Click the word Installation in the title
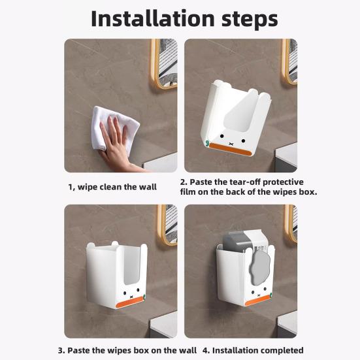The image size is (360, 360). [x=153, y=18]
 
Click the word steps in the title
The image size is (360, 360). [x=250, y=20]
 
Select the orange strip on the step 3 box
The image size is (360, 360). [x=130, y=301]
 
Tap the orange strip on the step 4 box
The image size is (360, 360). [x=258, y=300]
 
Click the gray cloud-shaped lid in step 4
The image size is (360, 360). [x=259, y=267]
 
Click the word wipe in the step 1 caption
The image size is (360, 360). [x=88, y=187]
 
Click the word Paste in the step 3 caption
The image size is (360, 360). [x=78, y=351]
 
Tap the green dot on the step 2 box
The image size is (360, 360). [x=207, y=143]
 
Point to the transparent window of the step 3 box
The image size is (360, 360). [x=131, y=265]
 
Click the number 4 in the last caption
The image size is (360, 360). [x=205, y=351]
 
